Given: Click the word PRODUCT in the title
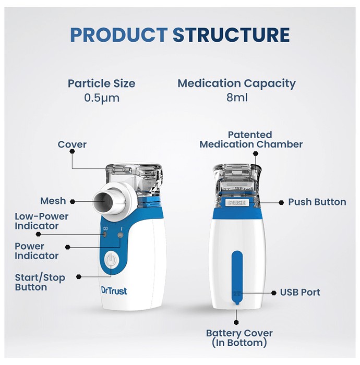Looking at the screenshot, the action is click(x=119, y=35).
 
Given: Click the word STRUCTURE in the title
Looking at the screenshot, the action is click(x=231, y=35).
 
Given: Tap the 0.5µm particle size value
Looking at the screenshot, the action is click(x=102, y=98).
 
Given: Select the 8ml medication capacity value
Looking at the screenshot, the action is click(x=237, y=98).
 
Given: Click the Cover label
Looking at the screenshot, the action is click(x=72, y=144).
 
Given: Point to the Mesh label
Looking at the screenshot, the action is click(x=53, y=201).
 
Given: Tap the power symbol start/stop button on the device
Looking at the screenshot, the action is click(x=112, y=259).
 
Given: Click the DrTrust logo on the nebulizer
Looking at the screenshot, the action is click(x=114, y=291).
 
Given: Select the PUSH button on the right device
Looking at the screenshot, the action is click(x=237, y=202).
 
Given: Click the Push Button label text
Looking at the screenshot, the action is click(x=317, y=202).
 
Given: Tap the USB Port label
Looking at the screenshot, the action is click(x=300, y=293).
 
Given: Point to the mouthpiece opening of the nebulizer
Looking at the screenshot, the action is click(x=102, y=202).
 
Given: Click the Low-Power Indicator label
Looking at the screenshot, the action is click(x=41, y=221).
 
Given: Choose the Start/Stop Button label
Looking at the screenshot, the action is click(x=40, y=283).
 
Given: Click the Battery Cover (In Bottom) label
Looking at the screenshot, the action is click(x=239, y=338).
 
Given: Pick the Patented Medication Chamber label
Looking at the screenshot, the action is click(x=251, y=139).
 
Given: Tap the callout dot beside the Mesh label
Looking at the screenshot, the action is click(x=73, y=202).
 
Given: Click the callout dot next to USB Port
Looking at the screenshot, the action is click(x=274, y=293).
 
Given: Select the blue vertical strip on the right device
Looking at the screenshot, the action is click(x=237, y=277).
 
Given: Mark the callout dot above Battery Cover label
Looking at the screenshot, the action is click(x=236, y=322).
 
